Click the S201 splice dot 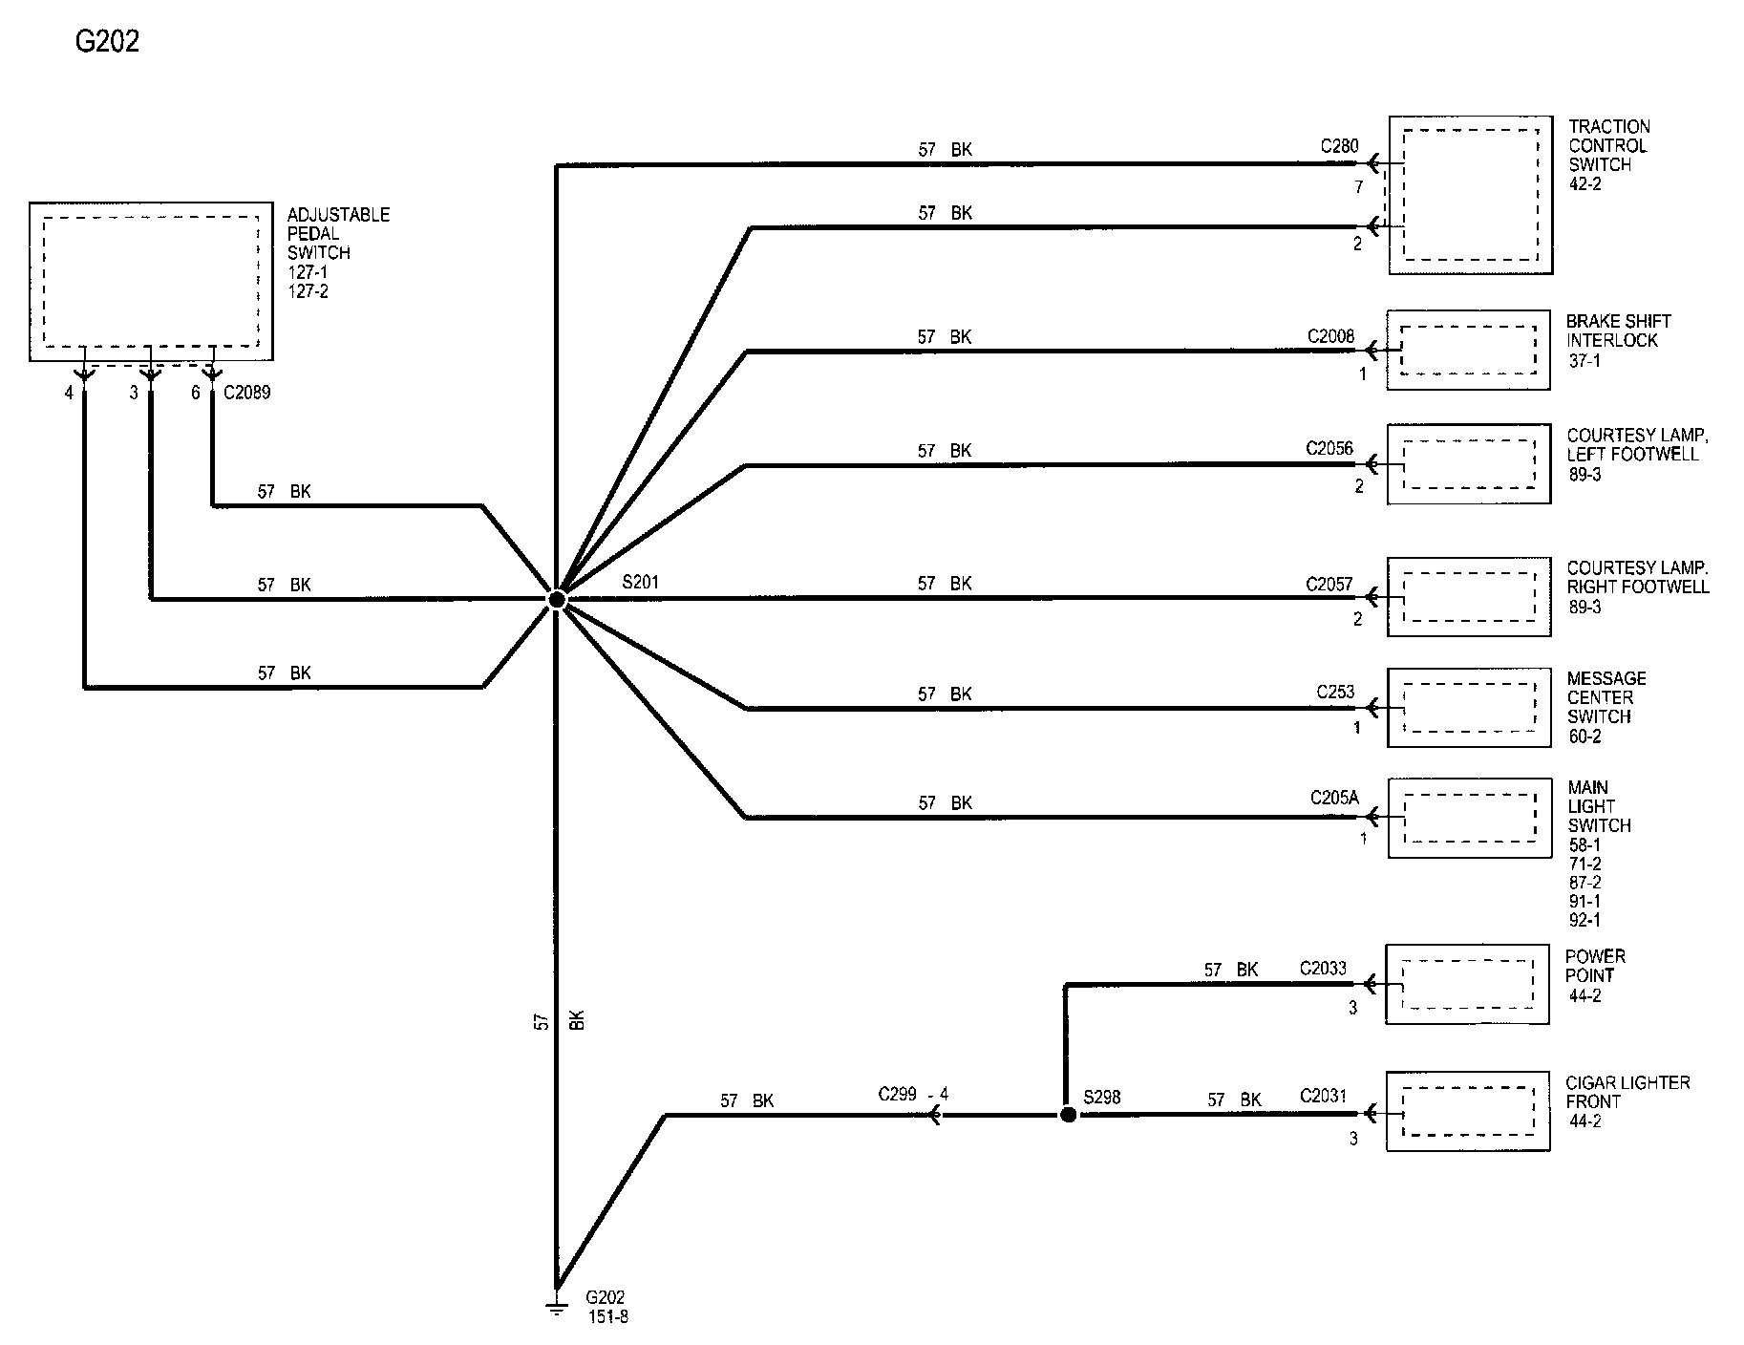pos(556,599)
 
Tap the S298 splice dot pos(1068,1115)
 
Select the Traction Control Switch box pos(1471,196)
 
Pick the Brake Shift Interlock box pos(1468,350)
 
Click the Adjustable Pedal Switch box pos(151,282)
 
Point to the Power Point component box pos(1467,985)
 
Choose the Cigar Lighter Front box pos(1467,1111)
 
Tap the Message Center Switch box pos(1469,707)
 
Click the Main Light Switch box pos(1469,818)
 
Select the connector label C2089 pos(246,393)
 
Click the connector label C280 pos(1339,146)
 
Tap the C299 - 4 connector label pos(913,1095)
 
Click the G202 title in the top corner pos(107,42)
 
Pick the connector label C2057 pos(1329,585)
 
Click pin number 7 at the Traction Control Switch pos(1359,187)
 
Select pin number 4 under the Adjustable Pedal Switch pos(69,393)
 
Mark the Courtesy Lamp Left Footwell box pos(1469,463)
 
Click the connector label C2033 pos(1323,969)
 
